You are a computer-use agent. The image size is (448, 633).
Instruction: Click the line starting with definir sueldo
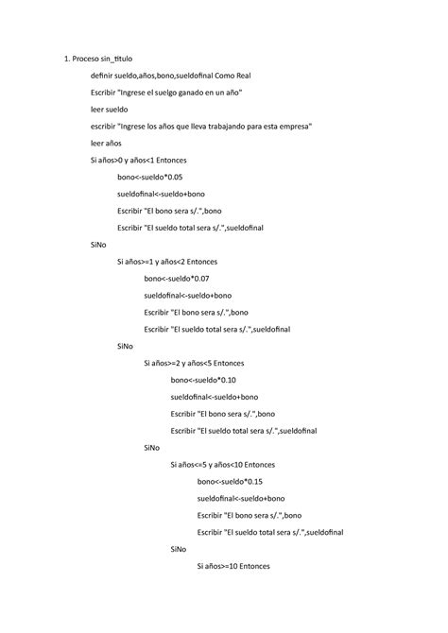(x=171, y=76)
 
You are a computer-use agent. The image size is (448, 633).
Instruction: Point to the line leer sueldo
(x=110, y=110)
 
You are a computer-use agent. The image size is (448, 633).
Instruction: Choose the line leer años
(x=106, y=144)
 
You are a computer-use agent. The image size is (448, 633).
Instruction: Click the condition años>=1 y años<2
(x=167, y=261)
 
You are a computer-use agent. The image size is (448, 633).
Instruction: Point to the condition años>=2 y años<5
(x=194, y=362)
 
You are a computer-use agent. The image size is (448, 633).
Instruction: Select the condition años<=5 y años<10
(x=223, y=464)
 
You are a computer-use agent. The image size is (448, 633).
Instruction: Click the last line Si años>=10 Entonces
(x=233, y=566)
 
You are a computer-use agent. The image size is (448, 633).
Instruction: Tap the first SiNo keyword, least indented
(x=98, y=244)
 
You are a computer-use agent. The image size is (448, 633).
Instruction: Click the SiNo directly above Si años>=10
(x=178, y=549)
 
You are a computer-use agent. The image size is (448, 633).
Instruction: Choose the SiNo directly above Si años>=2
(x=125, y=345)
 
